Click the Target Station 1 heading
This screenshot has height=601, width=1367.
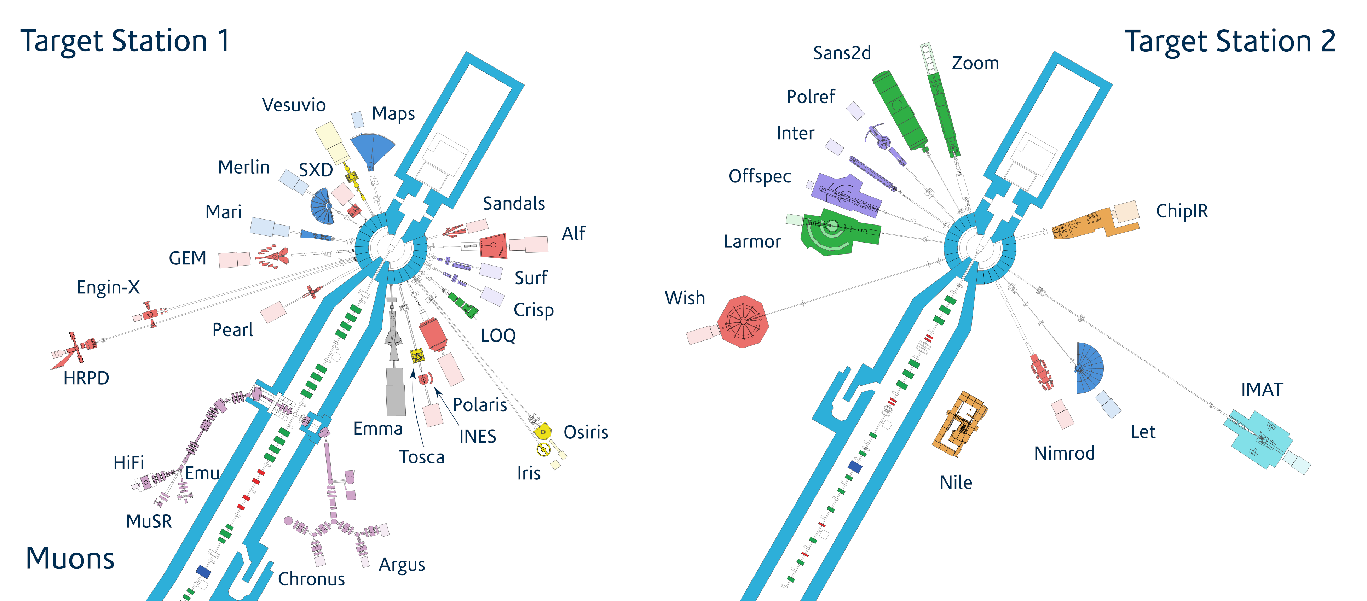[125, 41]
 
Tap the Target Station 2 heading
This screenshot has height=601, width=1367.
[1230, 41]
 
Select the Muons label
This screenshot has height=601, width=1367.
[70, 559]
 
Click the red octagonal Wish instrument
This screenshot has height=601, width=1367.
[743, 321]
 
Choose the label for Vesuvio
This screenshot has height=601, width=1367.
[294, 105]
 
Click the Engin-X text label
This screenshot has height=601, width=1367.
[108, 287]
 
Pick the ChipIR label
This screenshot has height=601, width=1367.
[1182, 211]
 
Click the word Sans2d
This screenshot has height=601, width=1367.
[842, 53]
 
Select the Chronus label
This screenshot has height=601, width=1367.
[311, 579]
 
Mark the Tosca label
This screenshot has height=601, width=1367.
[422, 457]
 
